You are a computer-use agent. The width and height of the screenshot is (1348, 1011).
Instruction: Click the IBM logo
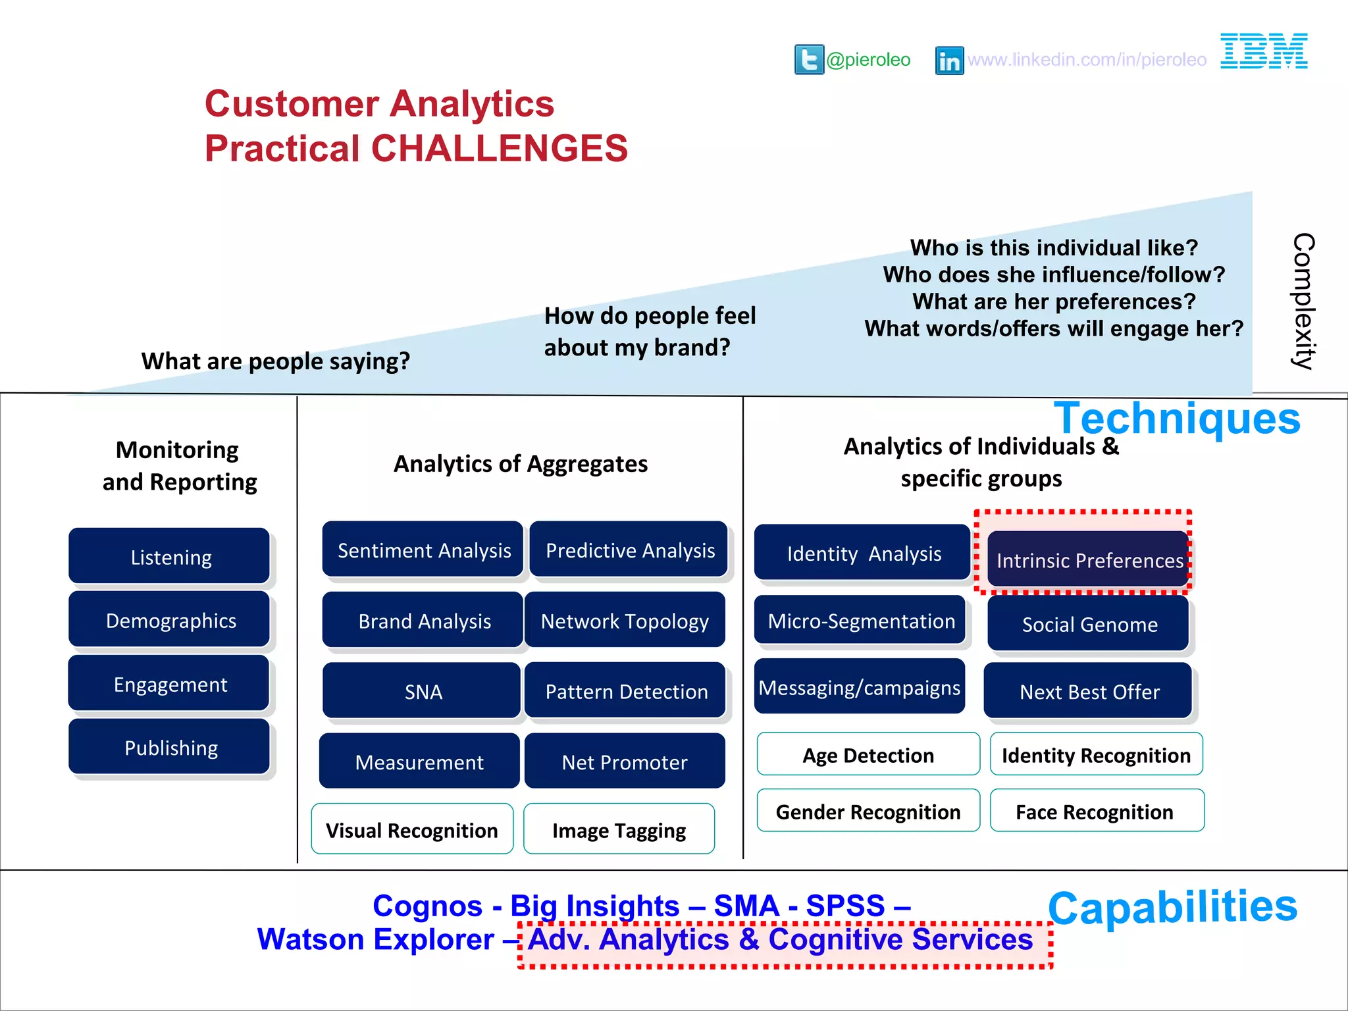click(1264, 51)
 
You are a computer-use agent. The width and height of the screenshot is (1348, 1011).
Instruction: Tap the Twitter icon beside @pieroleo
click(809, 60)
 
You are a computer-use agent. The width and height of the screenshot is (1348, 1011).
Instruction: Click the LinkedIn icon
click(949, 61)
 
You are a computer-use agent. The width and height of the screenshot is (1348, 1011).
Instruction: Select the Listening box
click(170, 557)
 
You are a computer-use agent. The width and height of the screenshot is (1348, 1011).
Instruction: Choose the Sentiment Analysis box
click(423, 550)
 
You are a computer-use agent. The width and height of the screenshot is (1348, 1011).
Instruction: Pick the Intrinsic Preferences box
click(1089, 560)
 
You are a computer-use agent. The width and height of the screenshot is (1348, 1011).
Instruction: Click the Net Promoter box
click(624, 762)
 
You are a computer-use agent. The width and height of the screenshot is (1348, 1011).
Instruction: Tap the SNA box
click(423, 691)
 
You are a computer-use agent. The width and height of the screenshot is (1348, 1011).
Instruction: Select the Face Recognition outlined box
click(1097, 812)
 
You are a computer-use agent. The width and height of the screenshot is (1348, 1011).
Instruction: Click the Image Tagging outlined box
click(619, 830)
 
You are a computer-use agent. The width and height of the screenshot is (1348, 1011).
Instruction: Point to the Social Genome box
click(1089, 624)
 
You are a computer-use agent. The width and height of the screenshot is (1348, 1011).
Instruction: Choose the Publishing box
click(170, 748)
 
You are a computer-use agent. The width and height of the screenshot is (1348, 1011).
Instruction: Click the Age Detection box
click(868, 755)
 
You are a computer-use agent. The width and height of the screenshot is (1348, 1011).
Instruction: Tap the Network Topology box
click(624, 621)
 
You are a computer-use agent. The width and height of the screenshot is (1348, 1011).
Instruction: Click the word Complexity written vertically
click(1303, 301)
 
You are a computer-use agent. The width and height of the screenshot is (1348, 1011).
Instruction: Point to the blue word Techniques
click(1177, 419)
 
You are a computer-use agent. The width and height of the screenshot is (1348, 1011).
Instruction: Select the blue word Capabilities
click(1172, 907)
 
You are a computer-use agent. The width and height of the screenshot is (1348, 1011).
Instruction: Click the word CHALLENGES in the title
click(500, 148)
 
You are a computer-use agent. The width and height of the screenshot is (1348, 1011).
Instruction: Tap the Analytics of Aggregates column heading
click(520, 464)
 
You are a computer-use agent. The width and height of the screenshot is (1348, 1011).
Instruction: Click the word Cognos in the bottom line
click(427, 906)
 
